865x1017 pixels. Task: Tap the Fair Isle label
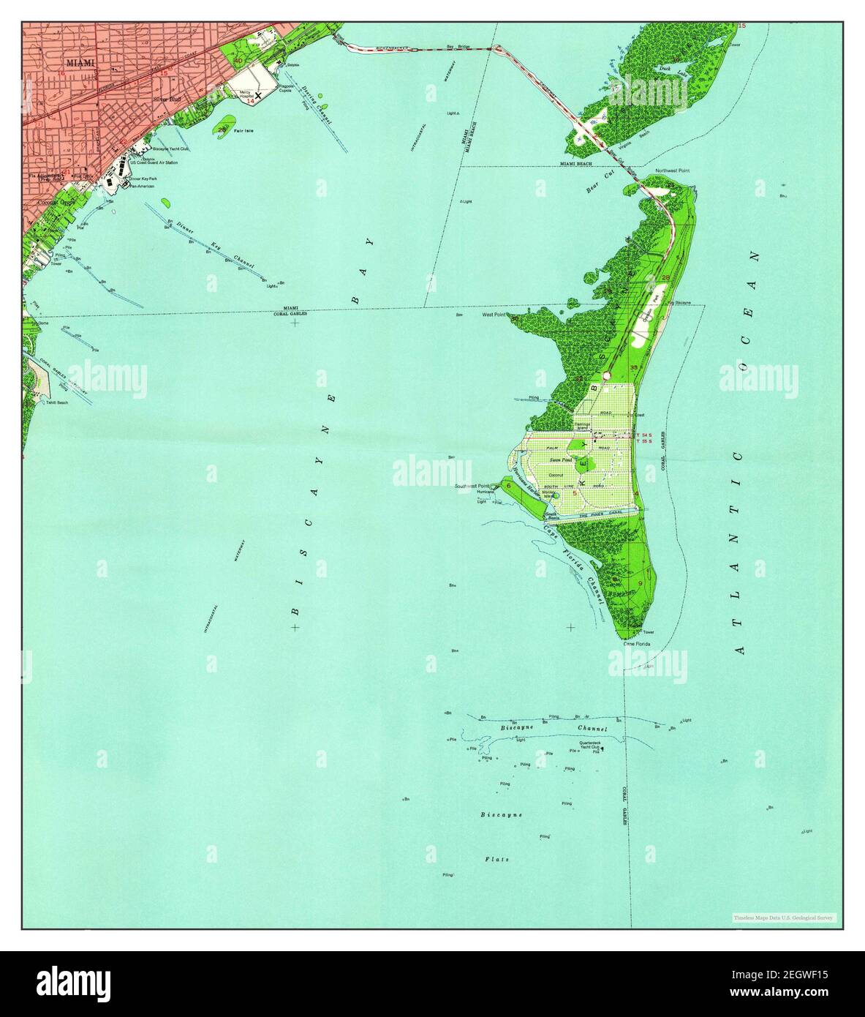pyautogui.click(x=243, y=131)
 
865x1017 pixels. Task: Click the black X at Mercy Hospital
pyautogui.click(x=257, y=94)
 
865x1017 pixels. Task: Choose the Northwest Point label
pyautogui.click(x=672, y=170)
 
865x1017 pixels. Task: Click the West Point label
pyautogui.click(x=494, y=315)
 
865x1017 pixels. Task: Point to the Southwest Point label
pyautogui.click(x=470, y=487)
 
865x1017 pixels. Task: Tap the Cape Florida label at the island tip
pyautogui.click(x=636, y=645)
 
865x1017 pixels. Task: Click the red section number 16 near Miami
pyautogui.click(x=61, y=74)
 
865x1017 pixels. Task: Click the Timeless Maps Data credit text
pyautogui.click(x=784, y=917)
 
